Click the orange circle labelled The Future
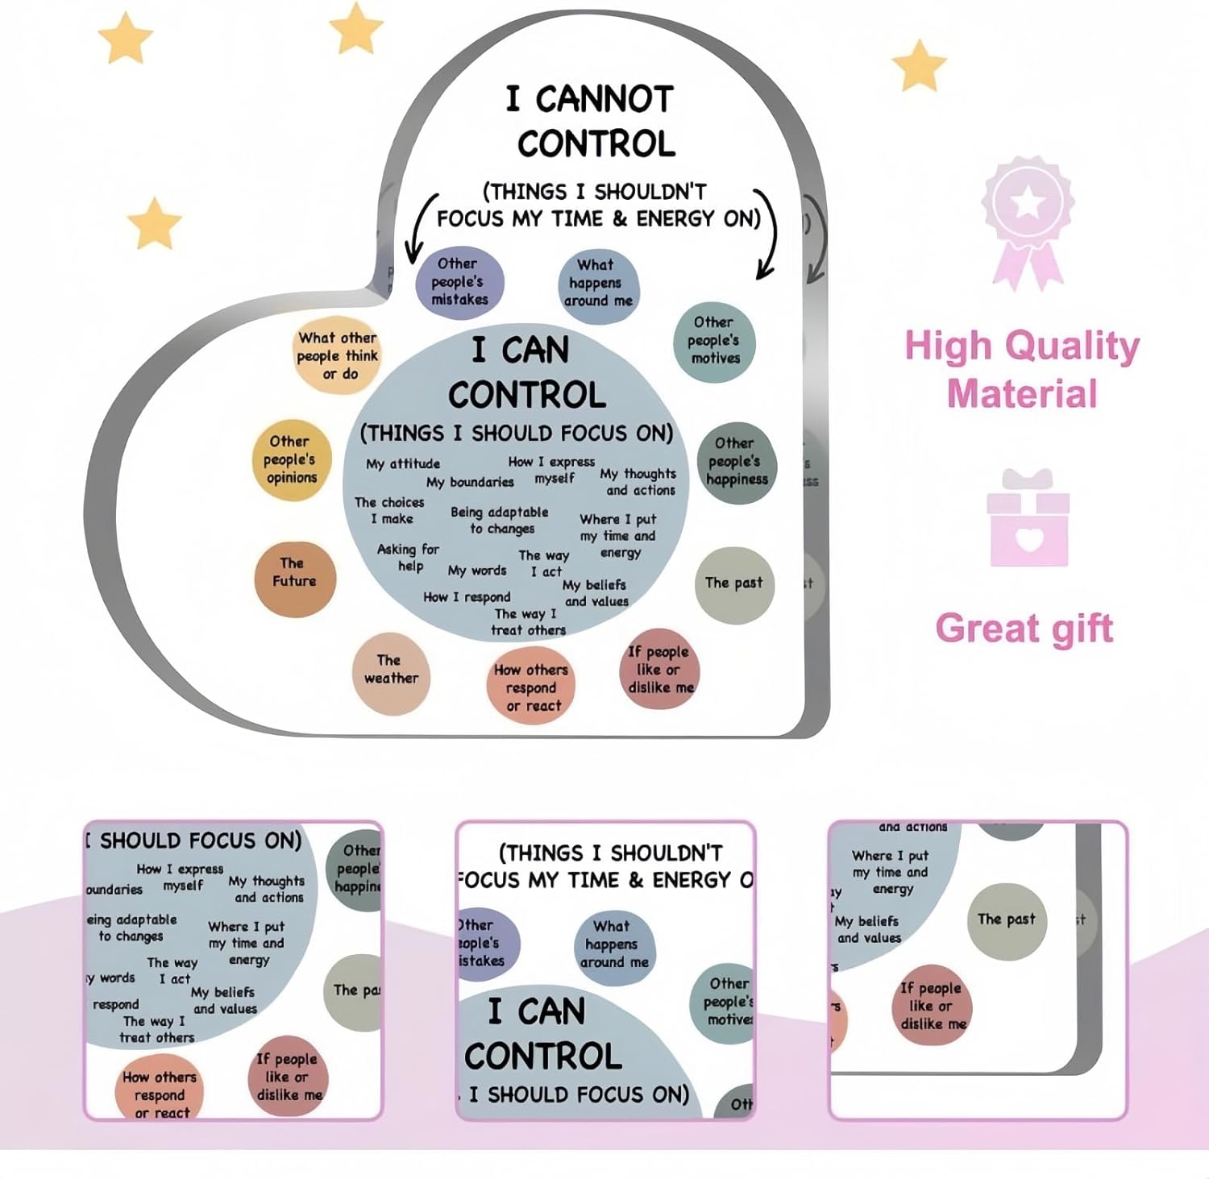(x=294, y=579)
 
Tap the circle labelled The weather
(x=391, y=673)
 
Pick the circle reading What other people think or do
(x=336, y=355)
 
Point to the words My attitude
(x=403, y=464)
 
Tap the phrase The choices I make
(x=390, y=510)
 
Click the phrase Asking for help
(x=409, y=557)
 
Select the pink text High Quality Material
(x=1022, y=369)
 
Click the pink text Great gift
(x=1024, y=629)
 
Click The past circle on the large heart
(x=733, y=584)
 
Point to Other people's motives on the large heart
(x=714, y=341)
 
